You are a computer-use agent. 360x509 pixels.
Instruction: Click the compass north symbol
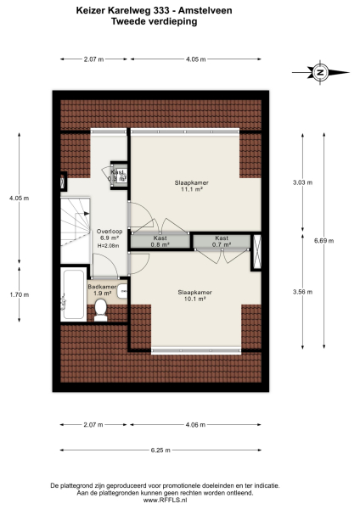[320, 73]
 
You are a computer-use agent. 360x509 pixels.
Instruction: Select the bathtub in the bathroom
[71, 295]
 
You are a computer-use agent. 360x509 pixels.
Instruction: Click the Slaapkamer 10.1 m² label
[194, 295]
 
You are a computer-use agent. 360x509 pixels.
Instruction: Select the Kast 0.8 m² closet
[160, 241]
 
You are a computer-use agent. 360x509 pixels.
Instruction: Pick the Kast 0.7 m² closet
[221, 241]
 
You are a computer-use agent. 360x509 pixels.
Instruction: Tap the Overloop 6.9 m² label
[110, 235]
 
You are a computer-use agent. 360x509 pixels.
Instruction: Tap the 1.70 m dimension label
[16, 294]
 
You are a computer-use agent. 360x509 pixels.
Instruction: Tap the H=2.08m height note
[110, 246]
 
